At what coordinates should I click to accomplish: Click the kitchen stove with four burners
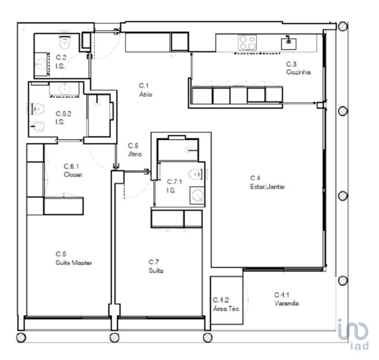[247, 43]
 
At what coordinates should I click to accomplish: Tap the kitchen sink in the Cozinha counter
[289, 43]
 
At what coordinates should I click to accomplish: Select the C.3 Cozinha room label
[298, 68]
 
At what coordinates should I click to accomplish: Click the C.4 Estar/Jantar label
[267, 182]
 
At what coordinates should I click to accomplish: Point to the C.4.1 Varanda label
[286, 299]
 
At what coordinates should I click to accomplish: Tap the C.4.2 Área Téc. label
[227, 304]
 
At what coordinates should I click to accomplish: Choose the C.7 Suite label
[156, 266]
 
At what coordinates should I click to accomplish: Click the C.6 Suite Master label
[74, 258]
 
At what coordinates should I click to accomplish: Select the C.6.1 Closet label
[73, 170]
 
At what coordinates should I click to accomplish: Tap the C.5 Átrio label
[135, 150]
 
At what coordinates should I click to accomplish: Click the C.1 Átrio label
[146, 90]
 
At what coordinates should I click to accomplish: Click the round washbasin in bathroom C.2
[41, 64]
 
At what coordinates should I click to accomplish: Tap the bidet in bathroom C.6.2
[38, 126]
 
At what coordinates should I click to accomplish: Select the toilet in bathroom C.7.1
[196, 174]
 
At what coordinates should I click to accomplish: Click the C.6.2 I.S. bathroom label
[63, 118]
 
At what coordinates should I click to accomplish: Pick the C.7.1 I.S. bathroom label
[174, 186]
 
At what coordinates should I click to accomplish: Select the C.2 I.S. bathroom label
[61, 61]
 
